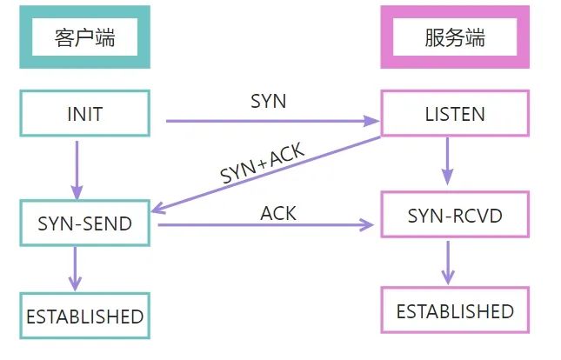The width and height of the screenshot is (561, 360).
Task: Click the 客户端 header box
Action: (x=84, y=38)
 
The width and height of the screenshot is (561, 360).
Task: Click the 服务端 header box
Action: (x=455, y=38)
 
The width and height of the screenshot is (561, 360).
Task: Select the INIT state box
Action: (x=84, y=114)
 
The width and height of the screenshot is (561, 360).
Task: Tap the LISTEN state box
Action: (x=455, y=114)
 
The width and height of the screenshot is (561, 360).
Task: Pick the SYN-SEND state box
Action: (x=84, y=223)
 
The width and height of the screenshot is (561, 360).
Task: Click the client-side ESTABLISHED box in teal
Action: (x=84, y=316)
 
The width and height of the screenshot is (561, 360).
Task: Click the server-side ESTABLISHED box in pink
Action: (x=455, y=310)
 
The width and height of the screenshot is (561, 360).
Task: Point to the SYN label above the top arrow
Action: (x=268, y=100)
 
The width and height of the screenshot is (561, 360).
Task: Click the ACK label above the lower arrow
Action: (x=277, y=212)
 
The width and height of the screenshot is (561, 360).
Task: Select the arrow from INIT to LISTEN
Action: (x=270, y=121)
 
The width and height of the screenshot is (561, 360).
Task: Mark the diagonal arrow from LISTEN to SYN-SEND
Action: (x=270, y=174)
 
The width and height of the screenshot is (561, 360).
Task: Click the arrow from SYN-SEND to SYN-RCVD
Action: (x=270, y=226)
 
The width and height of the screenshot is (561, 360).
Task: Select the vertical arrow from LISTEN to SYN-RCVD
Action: (x=447, y=161)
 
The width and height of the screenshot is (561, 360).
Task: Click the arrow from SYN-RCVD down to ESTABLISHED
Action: (x=448, y=262)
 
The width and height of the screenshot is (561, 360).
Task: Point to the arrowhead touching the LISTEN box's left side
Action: (x=372, y=121)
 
